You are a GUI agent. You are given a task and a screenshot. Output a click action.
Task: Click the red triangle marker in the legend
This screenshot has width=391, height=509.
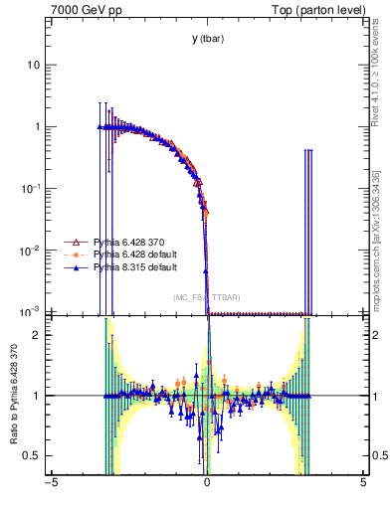[x=72, y=242]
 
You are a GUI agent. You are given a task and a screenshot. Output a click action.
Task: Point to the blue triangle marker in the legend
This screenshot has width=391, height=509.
[x=72, y=267]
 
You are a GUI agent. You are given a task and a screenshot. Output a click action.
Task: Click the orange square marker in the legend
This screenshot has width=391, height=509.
[x=72, y=254]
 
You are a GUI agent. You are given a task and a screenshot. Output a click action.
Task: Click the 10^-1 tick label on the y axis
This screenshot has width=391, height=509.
[x=32, y=188]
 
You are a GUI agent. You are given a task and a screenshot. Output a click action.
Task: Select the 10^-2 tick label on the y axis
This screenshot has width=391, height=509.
[x=32, y=250]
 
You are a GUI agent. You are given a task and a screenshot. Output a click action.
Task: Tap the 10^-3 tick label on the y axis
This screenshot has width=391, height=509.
[x=32, y=311]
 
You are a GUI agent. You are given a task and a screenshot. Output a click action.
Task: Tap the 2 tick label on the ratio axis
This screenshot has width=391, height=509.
[x=38, y=335]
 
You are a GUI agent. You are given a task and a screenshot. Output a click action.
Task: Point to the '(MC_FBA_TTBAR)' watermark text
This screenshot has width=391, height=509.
[x=207, y=297]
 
